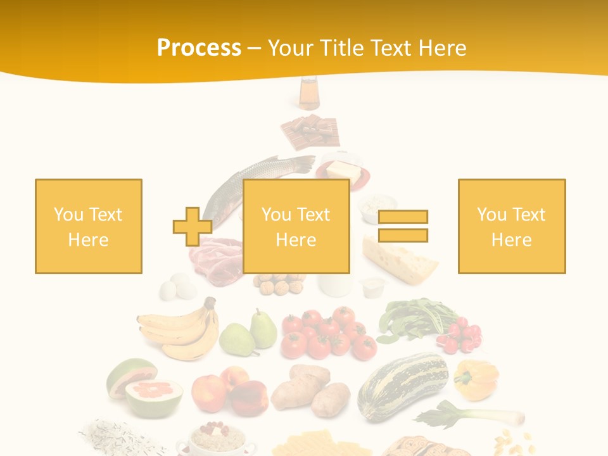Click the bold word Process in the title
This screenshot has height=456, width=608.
199,48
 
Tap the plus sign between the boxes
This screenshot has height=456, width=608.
193,226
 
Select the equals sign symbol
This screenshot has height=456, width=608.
403,226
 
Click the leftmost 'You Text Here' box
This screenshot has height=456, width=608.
89,226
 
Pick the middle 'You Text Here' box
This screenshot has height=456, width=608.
296,226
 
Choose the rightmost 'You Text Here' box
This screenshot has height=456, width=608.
511,226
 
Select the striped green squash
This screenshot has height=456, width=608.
403,383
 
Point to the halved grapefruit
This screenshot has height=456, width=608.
148,387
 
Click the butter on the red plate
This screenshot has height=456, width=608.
342,170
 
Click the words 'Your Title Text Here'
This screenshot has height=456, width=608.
367,48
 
